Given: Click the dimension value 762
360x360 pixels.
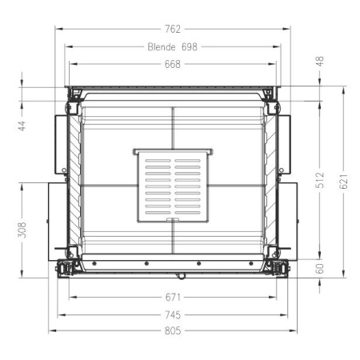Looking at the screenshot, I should click(173, 30).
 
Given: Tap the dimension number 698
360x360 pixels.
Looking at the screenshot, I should click(189, 47).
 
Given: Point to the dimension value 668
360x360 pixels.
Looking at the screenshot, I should click(173, 65).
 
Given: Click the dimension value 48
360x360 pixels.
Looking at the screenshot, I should click(320, 61).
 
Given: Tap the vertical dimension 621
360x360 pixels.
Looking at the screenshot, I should click(344, 182).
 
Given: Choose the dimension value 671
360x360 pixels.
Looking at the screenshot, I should click(173, 297).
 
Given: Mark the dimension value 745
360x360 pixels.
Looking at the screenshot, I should click(173, 314).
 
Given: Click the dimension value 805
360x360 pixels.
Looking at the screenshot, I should click(173, 330).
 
